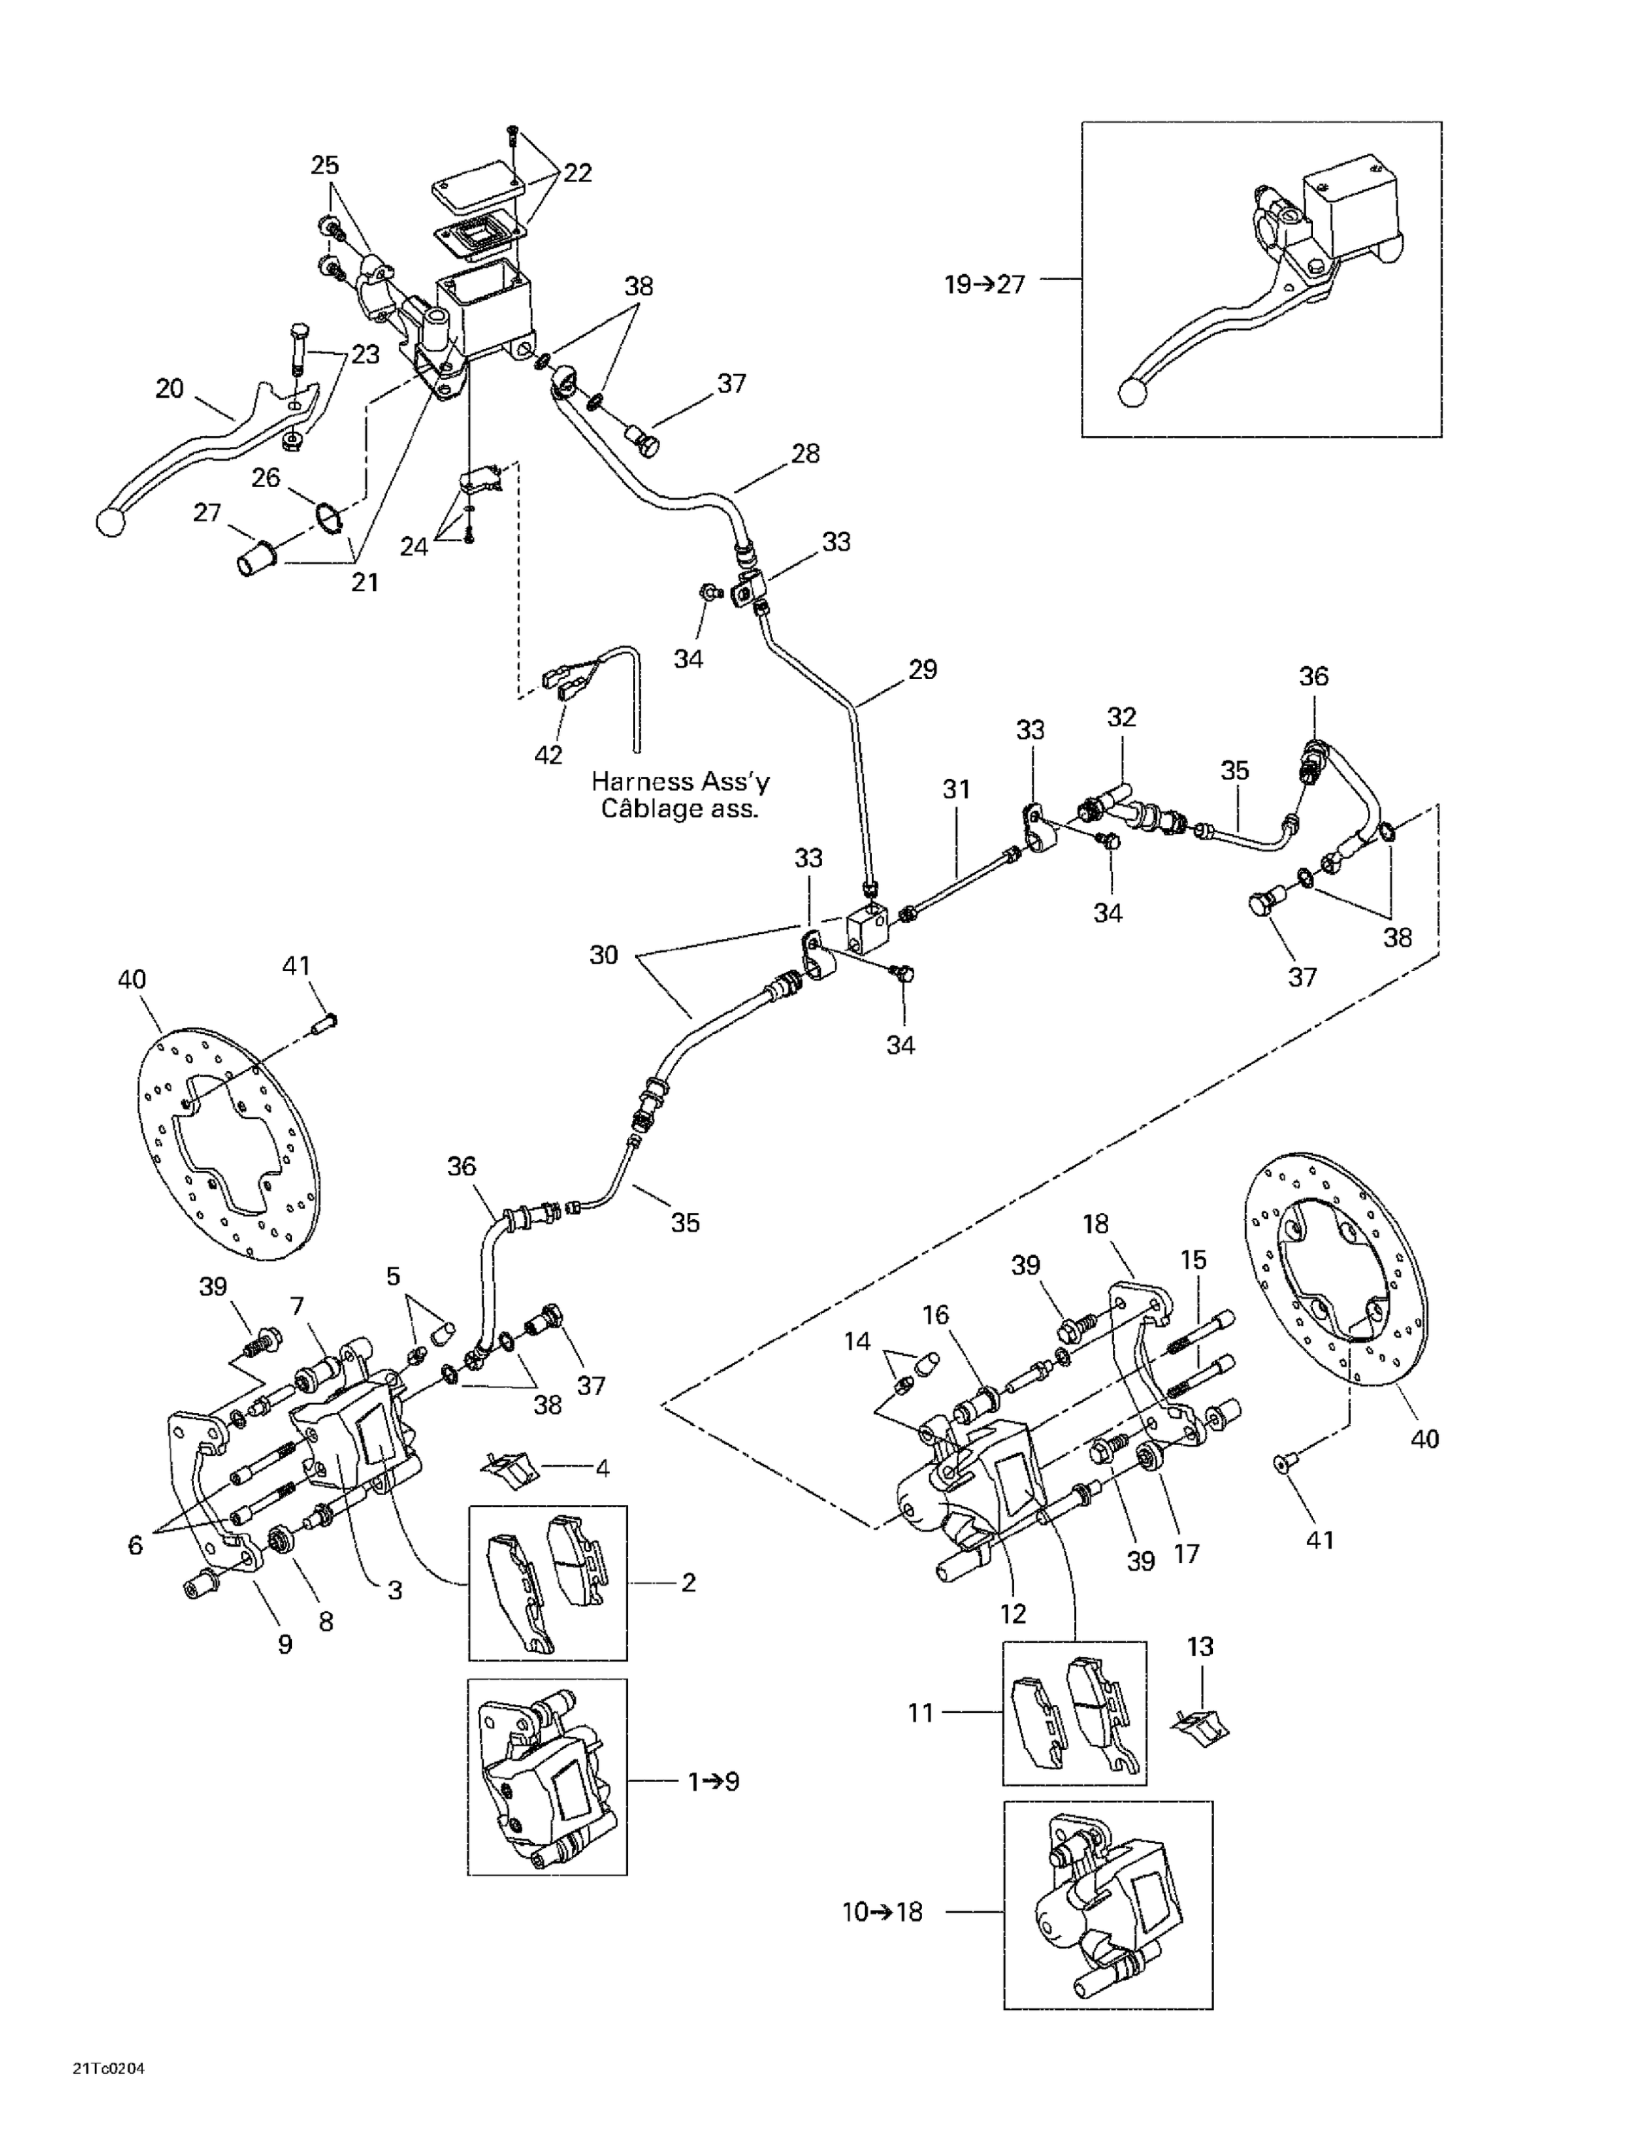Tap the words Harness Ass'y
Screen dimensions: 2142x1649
679,782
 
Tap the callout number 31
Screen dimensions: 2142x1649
956,788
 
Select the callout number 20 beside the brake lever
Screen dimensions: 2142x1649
170,389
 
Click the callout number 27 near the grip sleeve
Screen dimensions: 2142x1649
207,513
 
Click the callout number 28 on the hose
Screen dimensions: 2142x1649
805,453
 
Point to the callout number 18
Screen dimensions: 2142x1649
1095,1224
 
